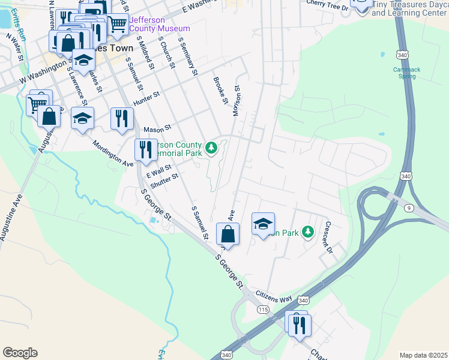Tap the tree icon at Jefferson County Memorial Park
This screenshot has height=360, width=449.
point(211,148)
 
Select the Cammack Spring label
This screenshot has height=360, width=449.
point(406,73)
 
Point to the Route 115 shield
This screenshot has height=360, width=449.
point(262,309)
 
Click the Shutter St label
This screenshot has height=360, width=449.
point(165,180)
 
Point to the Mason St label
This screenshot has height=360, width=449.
point(157,128)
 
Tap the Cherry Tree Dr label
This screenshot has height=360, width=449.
point(327,6)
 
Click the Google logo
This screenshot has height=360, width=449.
point(20,353)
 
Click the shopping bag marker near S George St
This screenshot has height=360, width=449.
point(228,234)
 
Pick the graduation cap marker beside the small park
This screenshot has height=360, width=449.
point(263,224)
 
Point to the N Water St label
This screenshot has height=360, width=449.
point(14,47)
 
